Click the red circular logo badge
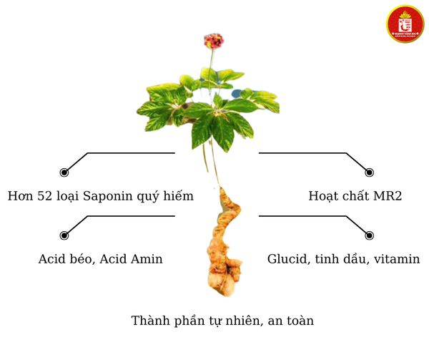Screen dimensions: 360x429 [405, 24]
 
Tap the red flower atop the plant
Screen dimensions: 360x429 [212, 40]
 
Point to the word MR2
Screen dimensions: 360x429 [387, 196]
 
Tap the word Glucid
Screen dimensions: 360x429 [287, 259]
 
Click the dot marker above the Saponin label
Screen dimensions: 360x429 [64, 172]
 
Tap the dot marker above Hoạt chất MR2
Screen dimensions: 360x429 [369, 172]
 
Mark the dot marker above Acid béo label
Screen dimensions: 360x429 [64, 235]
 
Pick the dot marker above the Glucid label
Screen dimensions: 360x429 [369, 235]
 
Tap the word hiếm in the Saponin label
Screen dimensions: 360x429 [177, 196]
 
